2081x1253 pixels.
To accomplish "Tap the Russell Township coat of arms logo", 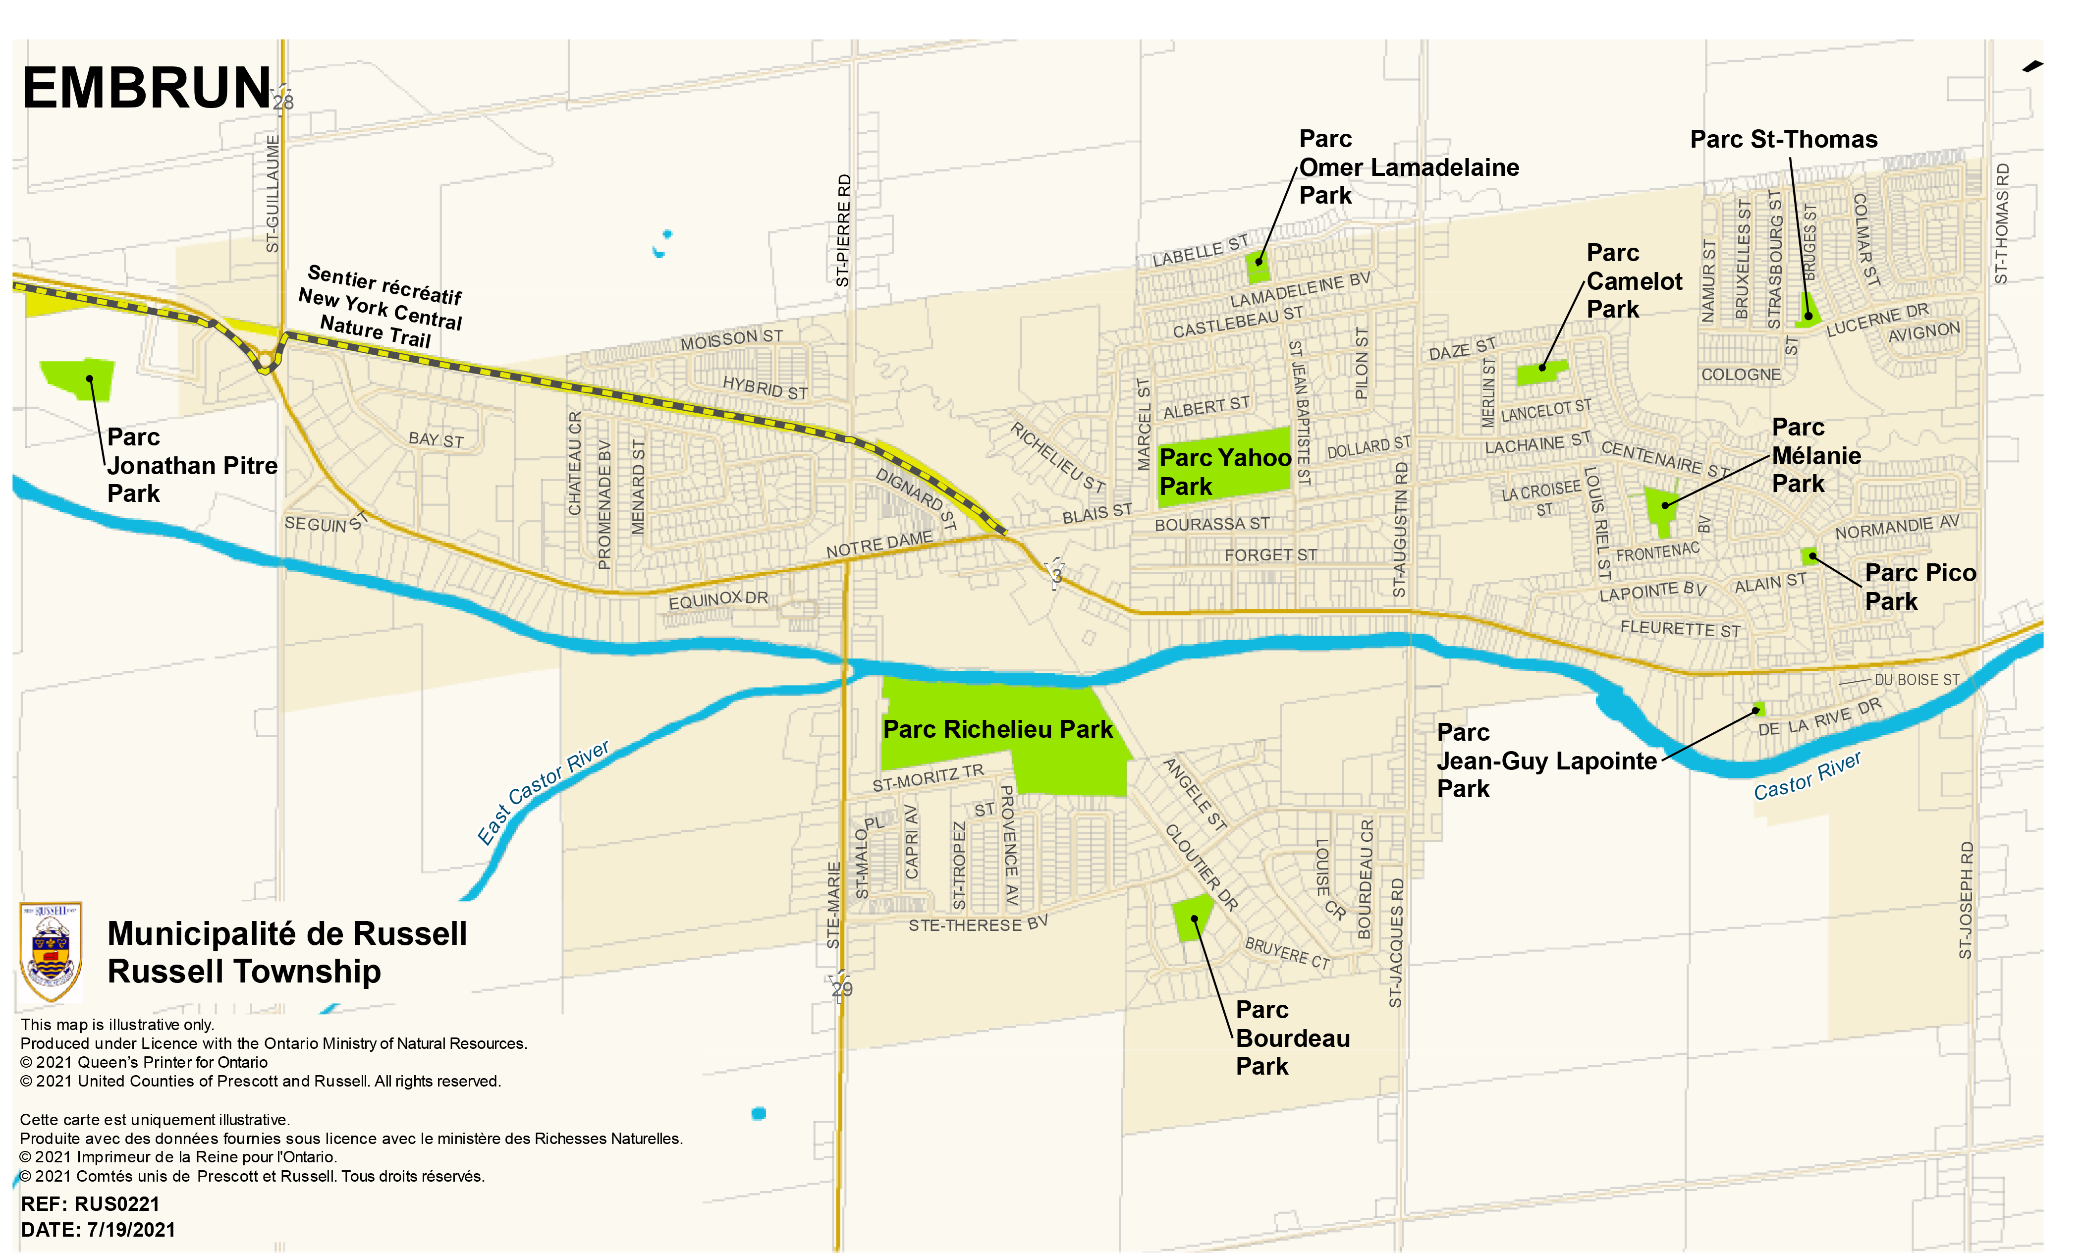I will [51, 951].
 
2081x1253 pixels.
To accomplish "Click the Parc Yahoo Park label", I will [1224, 471].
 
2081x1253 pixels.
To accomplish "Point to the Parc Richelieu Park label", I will [997, 729].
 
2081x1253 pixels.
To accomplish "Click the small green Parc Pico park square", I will [1808, 555].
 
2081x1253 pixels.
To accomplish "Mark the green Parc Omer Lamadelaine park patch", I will [1258, 266].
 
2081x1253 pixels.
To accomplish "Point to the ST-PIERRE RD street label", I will [843, 230].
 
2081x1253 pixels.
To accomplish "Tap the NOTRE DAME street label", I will [879, 545].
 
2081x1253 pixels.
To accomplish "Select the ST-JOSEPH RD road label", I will [1966, 899].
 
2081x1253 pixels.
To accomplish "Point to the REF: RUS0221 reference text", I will [90, 1204].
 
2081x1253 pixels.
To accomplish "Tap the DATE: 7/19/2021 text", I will [98, 1229].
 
